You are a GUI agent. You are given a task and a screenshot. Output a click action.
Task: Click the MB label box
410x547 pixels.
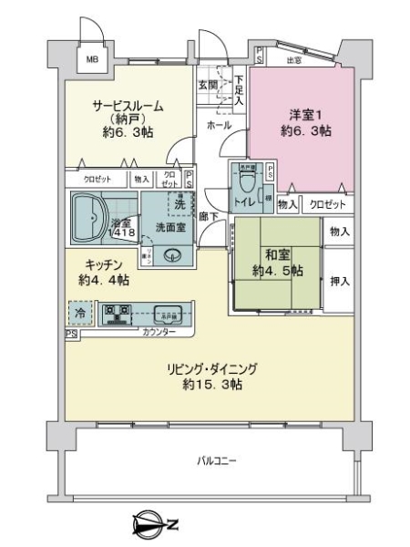pos(92,61)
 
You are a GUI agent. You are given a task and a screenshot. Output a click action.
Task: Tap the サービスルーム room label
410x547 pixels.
pos(127,107)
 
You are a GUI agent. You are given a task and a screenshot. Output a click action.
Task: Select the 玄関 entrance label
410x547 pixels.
pos(208,85)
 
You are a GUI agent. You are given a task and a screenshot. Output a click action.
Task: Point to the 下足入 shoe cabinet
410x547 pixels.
pos(238,91)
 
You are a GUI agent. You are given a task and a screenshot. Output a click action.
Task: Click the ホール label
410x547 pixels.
pos(218,124)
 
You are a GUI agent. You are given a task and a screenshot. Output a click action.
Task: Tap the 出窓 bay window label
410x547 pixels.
pos(293,61)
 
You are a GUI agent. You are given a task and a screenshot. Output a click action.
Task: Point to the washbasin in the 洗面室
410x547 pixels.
pos(172,255)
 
